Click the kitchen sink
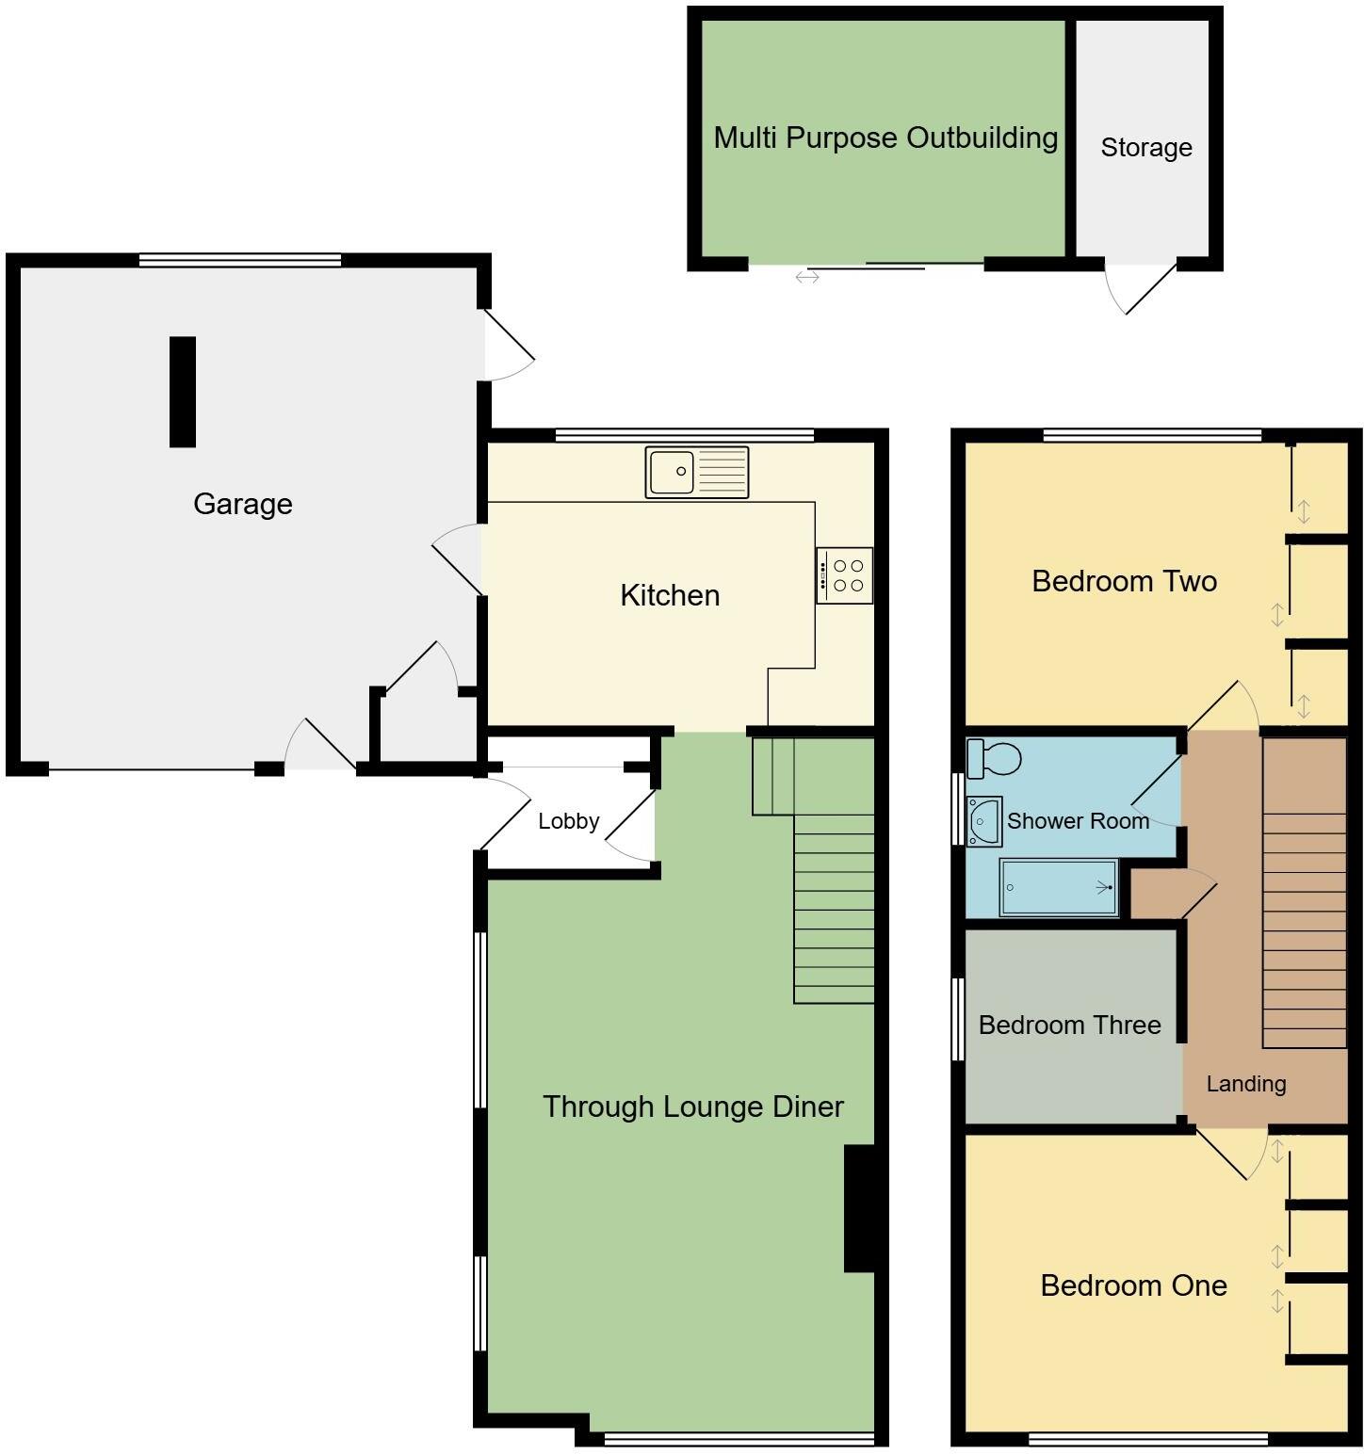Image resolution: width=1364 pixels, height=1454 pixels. click(x=697, y=472)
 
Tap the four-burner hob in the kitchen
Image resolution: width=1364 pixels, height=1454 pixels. click(x=845, y=575)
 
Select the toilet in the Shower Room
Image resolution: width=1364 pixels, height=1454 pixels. click(x=994, y=759)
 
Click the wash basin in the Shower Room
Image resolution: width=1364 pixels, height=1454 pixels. click(x=982, y=821)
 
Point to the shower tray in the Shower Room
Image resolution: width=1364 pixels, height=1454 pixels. click(x=1059, y=887)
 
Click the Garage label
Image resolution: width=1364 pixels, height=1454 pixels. click(x=242, y=504)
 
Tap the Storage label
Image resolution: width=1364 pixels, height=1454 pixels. click(x=1145, y=148)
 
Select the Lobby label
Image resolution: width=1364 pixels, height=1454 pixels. click(x=568, y=821)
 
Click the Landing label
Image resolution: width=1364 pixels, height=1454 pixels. click(x=1245, y=1084)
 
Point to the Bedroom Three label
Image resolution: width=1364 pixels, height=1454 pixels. click(x=1069, y=1025)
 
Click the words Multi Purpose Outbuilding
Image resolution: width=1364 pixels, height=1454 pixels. click(x=885, y=137)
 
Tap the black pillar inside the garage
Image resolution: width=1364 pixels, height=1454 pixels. click(x=183, y=392)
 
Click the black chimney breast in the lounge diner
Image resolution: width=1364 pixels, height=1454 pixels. click(x=861, y=1208)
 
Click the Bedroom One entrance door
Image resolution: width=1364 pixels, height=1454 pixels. click(x=1226, y=1155)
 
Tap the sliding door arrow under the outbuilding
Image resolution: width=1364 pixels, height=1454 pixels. click(x=807, y=277)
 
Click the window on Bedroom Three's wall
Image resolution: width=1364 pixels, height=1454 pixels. click(x=958, y=1019)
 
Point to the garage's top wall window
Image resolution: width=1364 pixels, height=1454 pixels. click(x=239, y=261)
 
